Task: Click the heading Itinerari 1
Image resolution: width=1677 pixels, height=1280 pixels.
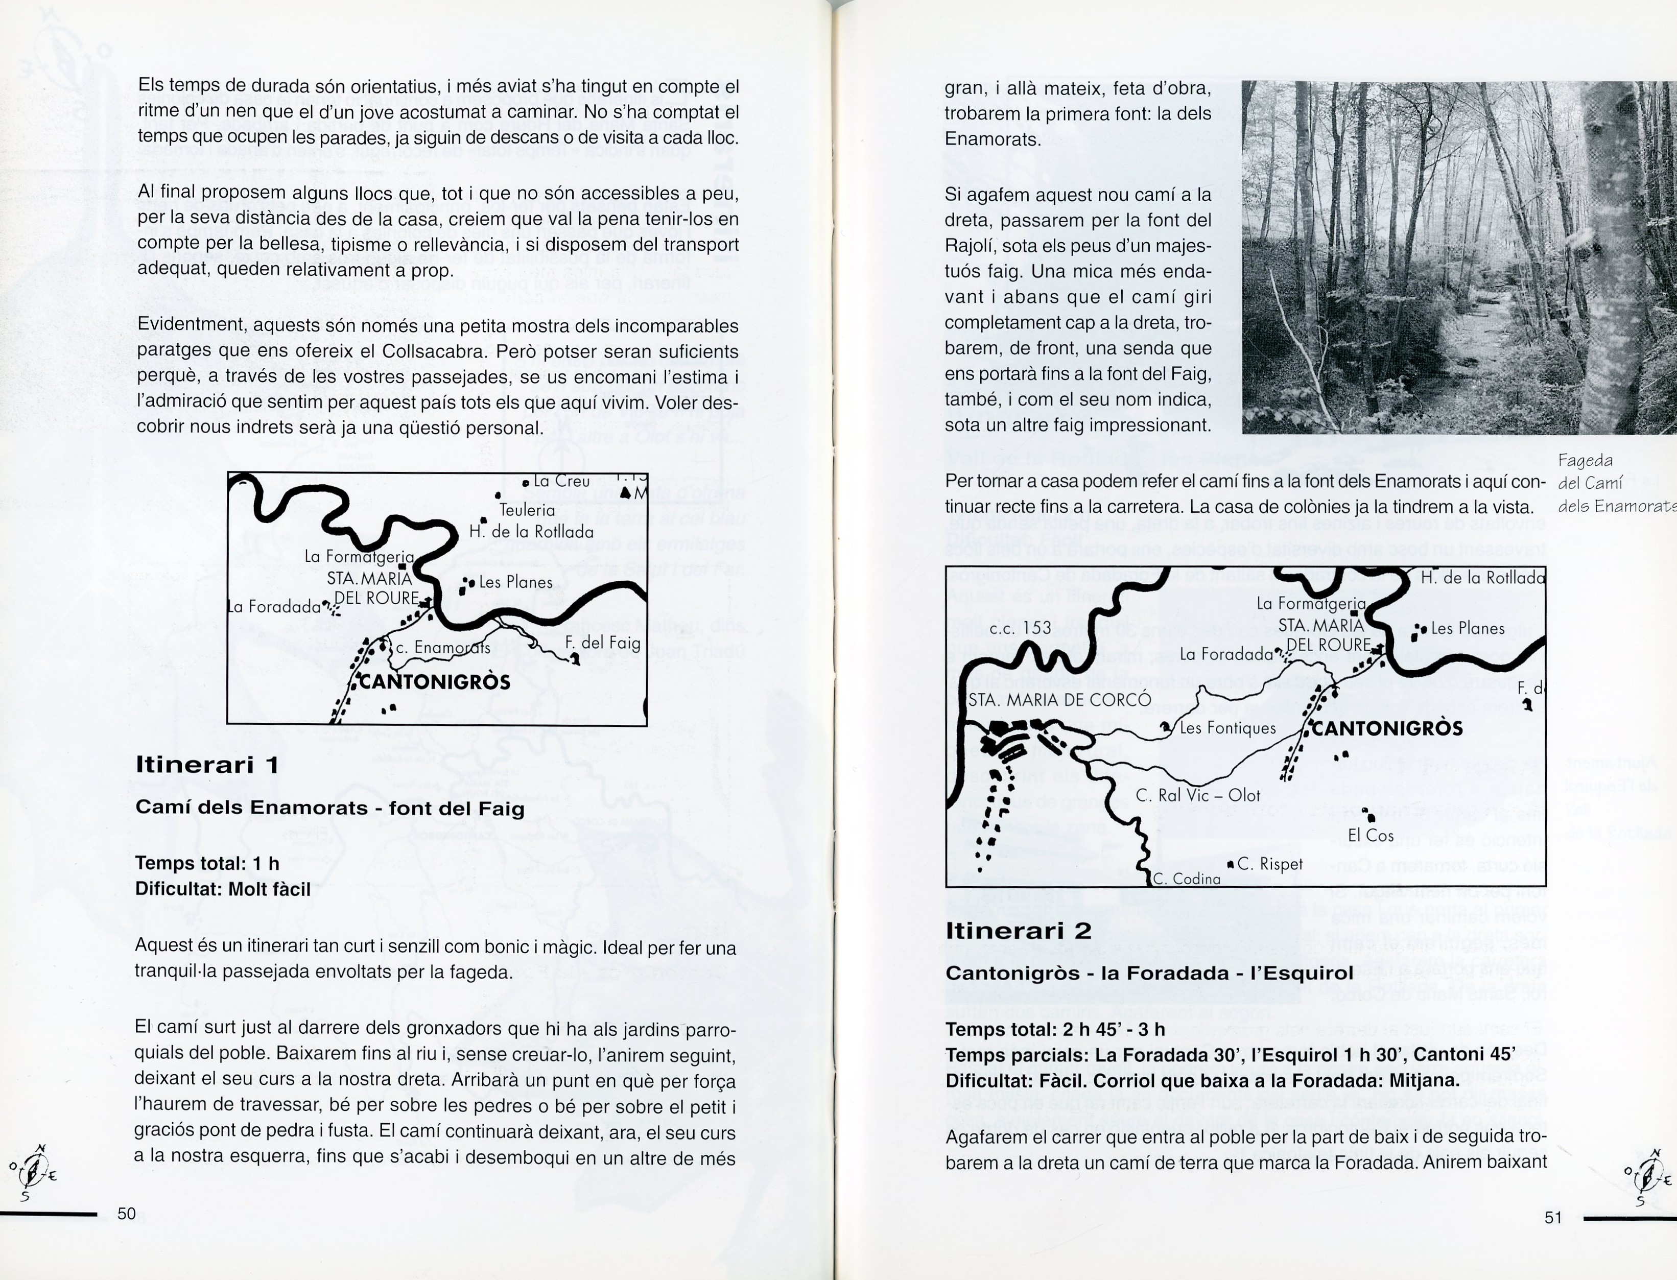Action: tap(207, 765)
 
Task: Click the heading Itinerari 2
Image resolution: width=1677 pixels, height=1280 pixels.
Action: tap(1018, 930)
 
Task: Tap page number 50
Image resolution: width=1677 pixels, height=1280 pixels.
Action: tap(127, 1214)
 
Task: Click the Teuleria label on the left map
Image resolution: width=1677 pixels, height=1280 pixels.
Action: tap(527, 510)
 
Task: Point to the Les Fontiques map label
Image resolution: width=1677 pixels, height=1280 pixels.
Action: tap(1226, 728)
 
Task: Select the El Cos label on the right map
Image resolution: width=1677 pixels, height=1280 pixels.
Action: tap(1370, 835)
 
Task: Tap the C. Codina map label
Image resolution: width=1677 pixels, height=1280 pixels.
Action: tap(1186, 879)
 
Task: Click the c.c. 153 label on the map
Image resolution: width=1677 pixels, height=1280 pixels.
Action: tap(1020, 628)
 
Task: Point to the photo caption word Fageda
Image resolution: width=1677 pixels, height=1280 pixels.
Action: tap(1585, 460)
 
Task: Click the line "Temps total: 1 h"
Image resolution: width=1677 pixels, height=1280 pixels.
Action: tap(207, 863)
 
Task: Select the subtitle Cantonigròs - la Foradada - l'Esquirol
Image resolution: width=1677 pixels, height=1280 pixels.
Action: tap(1149, 973)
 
